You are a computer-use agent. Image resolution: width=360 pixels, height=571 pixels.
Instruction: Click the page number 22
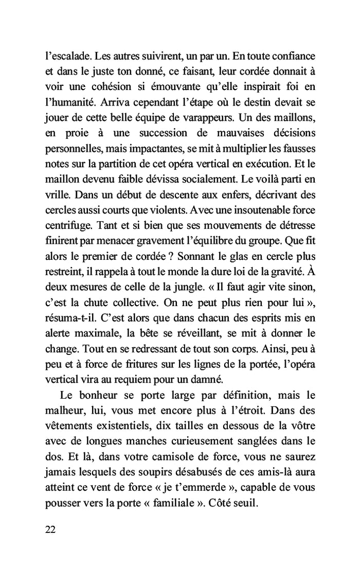coord(51,530)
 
